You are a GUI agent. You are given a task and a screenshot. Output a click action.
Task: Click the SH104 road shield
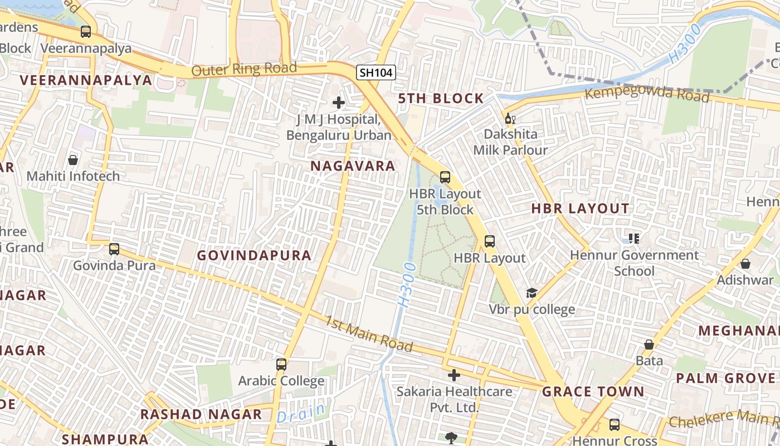376,72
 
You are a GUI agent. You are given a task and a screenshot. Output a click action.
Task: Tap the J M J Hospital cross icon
338,102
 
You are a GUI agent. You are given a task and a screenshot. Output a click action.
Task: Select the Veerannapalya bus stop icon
85,32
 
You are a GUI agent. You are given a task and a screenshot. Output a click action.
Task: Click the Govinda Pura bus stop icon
114,249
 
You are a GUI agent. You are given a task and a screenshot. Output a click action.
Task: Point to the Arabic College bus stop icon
281,365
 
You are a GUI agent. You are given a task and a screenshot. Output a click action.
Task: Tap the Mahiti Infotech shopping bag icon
73,160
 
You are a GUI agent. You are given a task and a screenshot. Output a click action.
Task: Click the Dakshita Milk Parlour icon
510,118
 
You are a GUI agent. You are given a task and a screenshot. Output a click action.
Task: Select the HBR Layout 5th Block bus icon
445,177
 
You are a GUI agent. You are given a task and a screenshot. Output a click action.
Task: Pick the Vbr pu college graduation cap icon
532,293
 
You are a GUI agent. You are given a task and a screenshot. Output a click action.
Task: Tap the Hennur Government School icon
633,239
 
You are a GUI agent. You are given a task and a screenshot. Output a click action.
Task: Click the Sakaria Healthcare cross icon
454,375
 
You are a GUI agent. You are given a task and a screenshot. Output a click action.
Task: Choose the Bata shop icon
649,345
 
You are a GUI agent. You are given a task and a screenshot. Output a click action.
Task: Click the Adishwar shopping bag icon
745,264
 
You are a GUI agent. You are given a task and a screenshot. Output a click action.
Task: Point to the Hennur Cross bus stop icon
615,425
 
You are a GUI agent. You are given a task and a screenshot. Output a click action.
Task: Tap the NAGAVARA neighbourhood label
353,166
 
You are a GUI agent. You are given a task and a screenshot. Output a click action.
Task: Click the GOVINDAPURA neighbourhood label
254,255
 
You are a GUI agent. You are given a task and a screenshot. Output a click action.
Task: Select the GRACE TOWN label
593,391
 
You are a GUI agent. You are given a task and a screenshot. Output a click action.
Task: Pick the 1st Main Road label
369,334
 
